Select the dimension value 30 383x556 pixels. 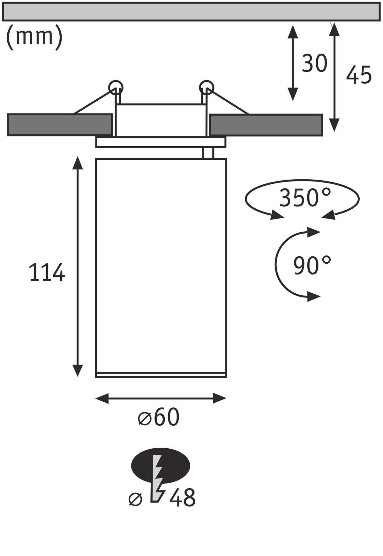coord(315,63)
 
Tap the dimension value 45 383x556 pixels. coord(359,75)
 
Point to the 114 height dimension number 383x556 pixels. coord(47,273)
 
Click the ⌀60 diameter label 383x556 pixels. coord(159,417)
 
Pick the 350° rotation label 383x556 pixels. coord(305,197)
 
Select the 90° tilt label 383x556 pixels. coord(312,265)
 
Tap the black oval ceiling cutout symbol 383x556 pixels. coord(161,465)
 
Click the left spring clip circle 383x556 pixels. coord(116,87)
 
